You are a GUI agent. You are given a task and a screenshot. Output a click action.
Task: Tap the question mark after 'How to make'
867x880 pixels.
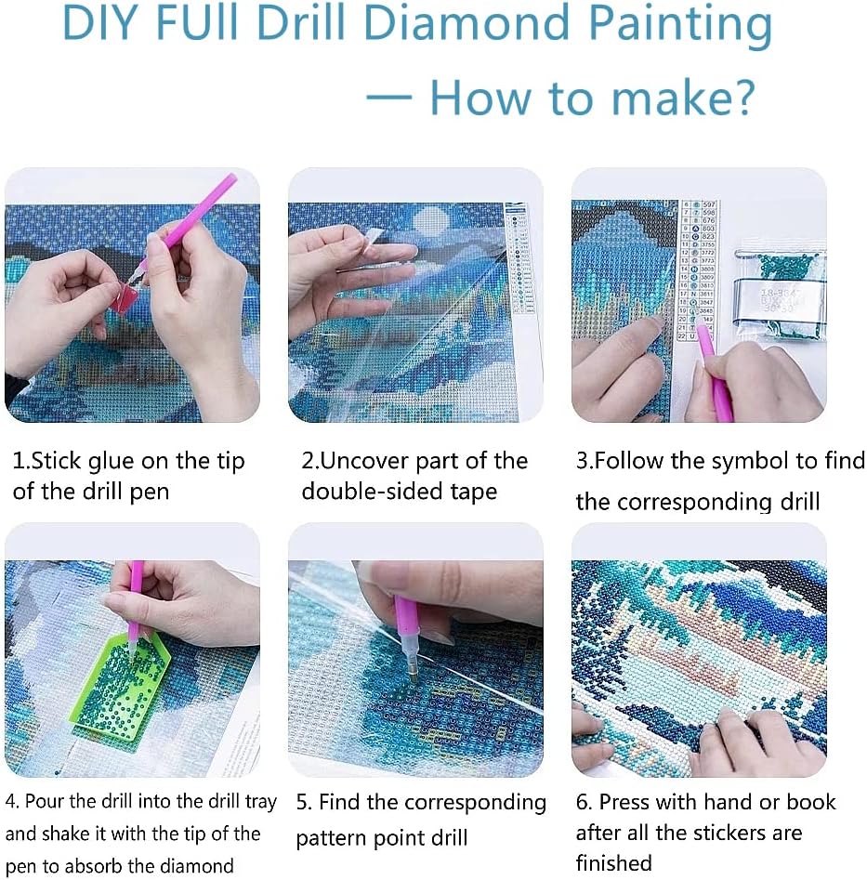click(x=738, y=99)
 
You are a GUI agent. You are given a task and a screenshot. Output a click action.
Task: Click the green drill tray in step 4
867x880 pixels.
click(x=121, y=688)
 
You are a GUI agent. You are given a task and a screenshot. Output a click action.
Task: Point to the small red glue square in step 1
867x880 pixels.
click(x=125, y=296)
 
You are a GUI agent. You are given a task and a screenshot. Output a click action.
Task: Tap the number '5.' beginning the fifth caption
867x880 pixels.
click(x=304, y=802)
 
